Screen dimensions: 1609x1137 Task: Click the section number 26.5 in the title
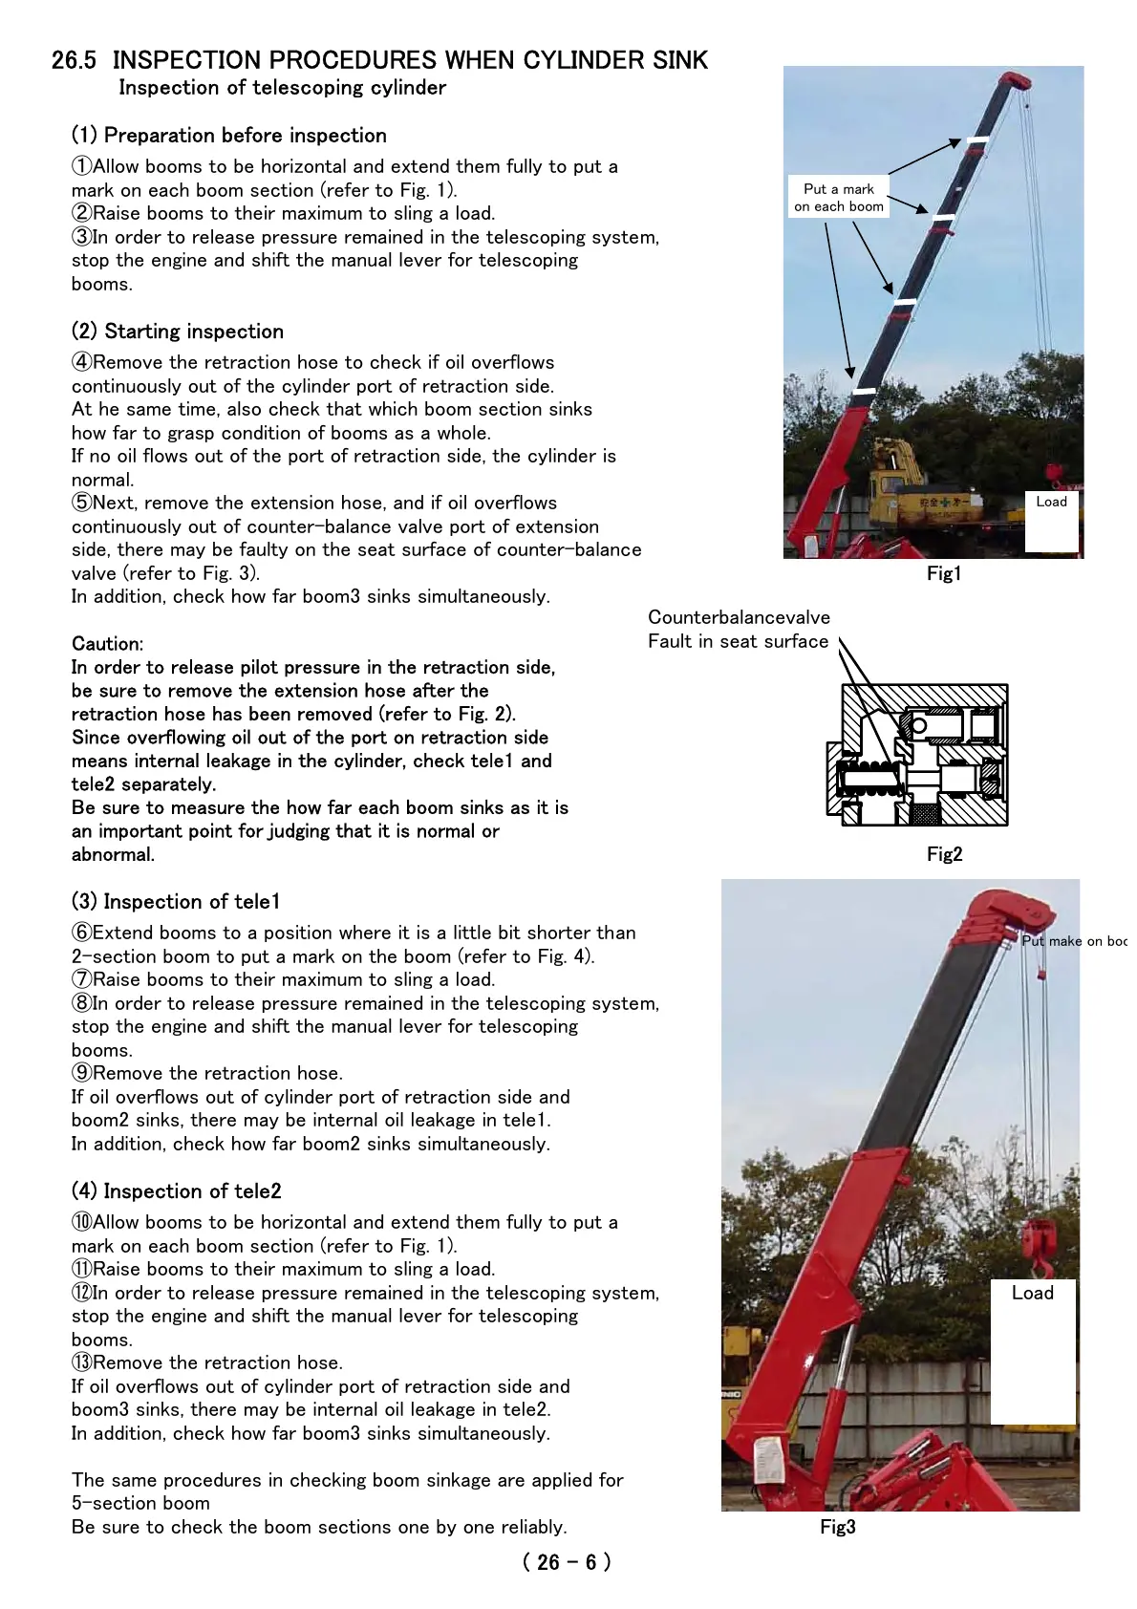(x=74, y=60)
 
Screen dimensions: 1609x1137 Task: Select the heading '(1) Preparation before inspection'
(x=229, y=136)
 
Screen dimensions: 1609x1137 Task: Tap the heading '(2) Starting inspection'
(x=178, y=332)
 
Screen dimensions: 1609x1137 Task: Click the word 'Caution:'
(x=107, y=644)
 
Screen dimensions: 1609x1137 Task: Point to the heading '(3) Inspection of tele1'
(x=176, y=902)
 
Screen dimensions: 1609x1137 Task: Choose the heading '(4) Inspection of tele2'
(x=177, y=1191)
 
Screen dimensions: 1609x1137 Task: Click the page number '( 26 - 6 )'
(x=567, y=1562)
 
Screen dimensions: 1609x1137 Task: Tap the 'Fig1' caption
(x=944, y=573)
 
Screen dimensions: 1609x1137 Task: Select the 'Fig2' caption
(x=944, y=854)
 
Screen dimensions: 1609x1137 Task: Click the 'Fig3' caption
(x=837, y=1527)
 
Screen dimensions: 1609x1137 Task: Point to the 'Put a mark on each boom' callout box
(x=839, y=198)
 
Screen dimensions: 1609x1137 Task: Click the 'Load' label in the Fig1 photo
(x=1051, y=502)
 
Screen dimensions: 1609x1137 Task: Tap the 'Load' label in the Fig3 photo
(x=1032, y=1293)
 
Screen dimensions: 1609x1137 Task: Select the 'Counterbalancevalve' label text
(x=739, y=617)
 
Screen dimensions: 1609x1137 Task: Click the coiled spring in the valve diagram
(x=869, y=777)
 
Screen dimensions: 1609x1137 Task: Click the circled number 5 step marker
(x=82, y=504)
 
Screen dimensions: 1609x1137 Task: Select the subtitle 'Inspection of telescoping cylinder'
(x=282, y=88)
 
